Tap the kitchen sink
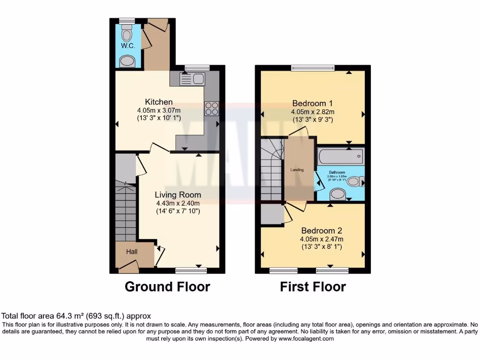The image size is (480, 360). click(x=192, y=79)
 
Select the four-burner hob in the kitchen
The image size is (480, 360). click(x=211, y=108)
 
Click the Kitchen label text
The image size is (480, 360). click(x=159, y=102)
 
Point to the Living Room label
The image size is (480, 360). click(x=178, y=195)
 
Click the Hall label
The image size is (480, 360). click(x=132, y=252)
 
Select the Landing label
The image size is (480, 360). click(x=297, y=170)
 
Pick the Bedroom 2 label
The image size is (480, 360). click(x=322, y=231)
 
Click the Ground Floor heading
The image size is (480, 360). click(x=167, y=286)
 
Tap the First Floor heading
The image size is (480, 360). click(x=313, y=286)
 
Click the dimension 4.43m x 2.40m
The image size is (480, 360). click(x=178, y=203)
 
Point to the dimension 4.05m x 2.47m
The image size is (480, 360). click(x=322, y=239)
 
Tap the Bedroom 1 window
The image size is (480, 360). click(x=313, y=68)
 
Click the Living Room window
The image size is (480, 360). click(x=191, y=270)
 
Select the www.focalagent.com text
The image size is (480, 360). click(x=306, y=338)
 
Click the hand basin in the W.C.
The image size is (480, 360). click(x=126, y=61)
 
